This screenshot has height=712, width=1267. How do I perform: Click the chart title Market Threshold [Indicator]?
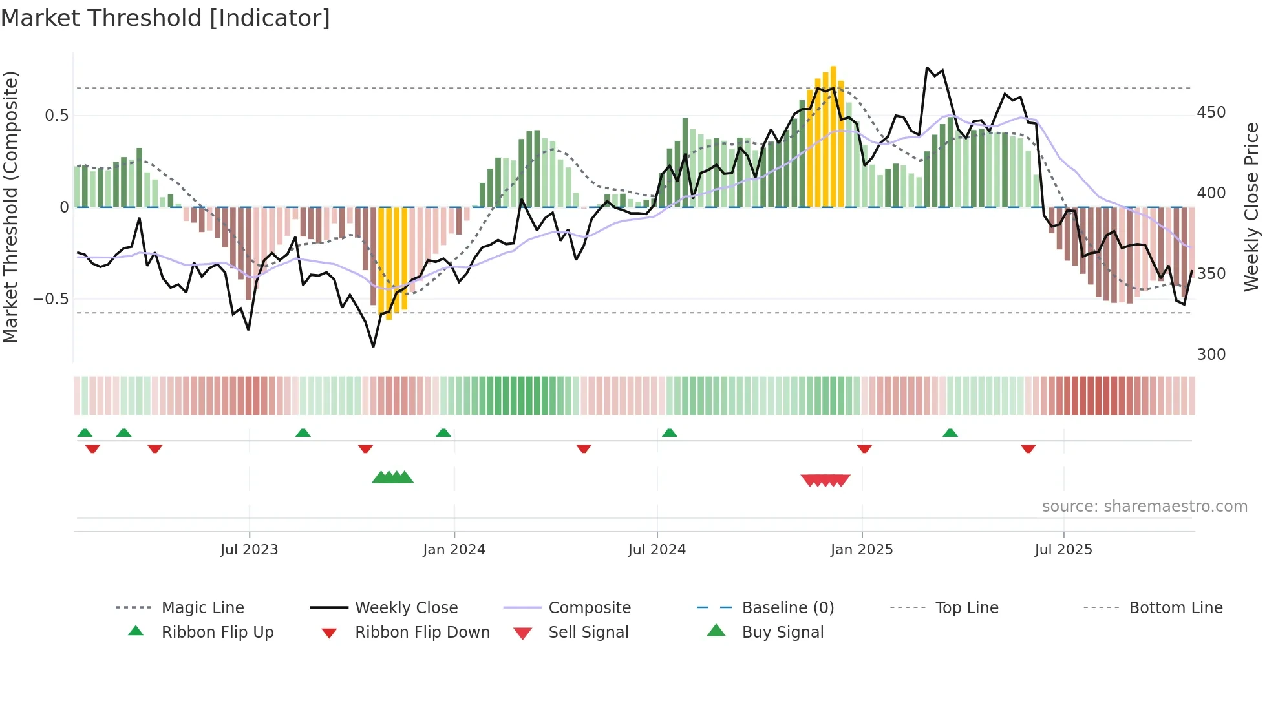[x=165, y=18]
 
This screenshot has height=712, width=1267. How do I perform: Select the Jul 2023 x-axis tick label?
[x=249, y=550]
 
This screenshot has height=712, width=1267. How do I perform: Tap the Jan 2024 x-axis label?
[x=454, y=550]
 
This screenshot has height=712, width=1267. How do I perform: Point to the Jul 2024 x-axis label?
[x=657, y=550]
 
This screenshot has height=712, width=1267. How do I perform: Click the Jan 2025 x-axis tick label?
[x=862, y=550]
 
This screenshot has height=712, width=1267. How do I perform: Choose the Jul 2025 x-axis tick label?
[x=1063, y=550]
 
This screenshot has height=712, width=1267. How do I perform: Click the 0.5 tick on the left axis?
[x=57, y=116]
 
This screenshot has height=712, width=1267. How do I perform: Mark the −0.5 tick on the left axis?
[x=51, y=299]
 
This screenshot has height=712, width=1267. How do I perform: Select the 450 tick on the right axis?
[x=1211, y=112]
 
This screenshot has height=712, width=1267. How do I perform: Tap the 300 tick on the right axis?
[x=1211, y=355]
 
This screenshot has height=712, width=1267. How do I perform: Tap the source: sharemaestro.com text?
[x=1144, y=507]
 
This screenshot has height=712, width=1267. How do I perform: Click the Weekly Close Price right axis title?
[x=1252, y=207]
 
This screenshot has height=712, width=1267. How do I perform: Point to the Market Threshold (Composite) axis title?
[x=10, y=207]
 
